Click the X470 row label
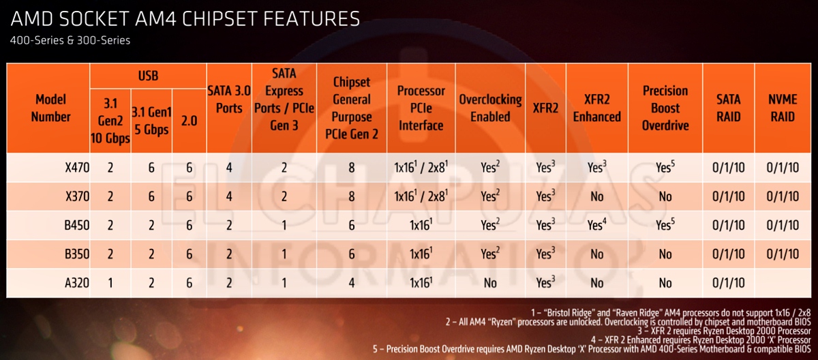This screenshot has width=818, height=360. point(77,168)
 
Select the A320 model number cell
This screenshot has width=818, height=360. point(77,282)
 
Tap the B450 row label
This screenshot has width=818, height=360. point(76,225)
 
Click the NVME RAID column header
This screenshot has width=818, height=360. point(783,108)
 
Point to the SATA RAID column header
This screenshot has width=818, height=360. point(729,108)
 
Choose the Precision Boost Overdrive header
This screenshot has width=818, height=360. point(665,108)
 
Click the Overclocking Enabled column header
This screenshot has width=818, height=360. point(490,108)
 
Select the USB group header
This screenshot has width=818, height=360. point(149,76)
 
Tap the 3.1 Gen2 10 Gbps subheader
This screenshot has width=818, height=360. point(110,121)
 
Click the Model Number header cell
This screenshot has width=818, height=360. point(50,108)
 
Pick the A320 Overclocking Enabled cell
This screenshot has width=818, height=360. point(490,283)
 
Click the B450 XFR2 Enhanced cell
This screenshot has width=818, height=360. point(596,224)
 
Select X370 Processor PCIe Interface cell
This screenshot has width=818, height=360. point(421,196)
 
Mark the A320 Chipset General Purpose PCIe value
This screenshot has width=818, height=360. point(351,283)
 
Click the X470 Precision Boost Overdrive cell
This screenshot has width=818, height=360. point(665,167)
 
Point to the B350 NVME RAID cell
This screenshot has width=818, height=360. point(783,254)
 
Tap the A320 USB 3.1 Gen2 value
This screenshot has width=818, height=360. point(110,283)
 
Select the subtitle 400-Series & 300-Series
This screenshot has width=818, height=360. point(70,40)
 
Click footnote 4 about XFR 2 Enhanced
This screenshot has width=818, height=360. point(701,340)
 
